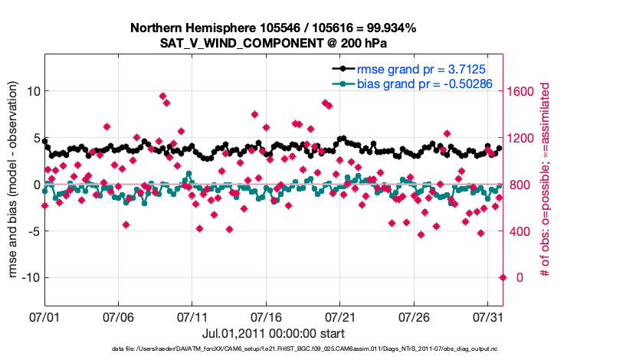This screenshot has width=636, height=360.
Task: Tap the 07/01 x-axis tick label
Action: tap(44, 316)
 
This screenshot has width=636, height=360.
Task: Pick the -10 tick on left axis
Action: tap(28, 277)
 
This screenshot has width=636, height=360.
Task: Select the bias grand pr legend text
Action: tap(425, 83)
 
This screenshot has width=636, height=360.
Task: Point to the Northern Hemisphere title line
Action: tap(274, 28)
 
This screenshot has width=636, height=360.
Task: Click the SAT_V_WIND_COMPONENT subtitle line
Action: tap(274, 44)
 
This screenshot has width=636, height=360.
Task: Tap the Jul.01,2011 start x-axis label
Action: tap(274, 334)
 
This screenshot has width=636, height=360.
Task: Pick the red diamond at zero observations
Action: tap(503, 277)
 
